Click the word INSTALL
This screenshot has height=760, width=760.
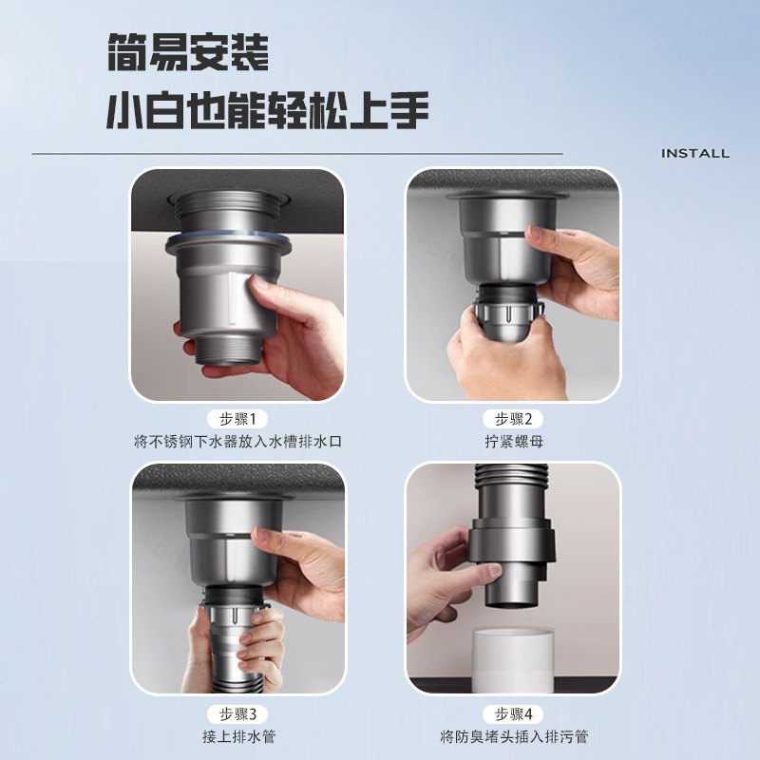click(x=694, y=153)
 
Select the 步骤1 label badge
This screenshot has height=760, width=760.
click(x=237, y=419)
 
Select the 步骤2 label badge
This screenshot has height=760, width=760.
click(x=513, y=419)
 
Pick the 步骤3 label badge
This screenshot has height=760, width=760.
click(x=237, y=713)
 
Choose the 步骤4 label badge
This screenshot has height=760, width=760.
click(x=513, y=713)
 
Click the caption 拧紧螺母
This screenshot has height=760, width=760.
click(x=513, y=441)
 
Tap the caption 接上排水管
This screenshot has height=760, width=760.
click(x=237, y=736)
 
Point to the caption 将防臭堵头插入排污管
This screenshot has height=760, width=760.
click(x=513, y=736)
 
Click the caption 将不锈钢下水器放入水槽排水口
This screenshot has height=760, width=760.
click(x=237, y=441)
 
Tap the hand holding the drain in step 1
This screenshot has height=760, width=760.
click(x=294, y=332)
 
